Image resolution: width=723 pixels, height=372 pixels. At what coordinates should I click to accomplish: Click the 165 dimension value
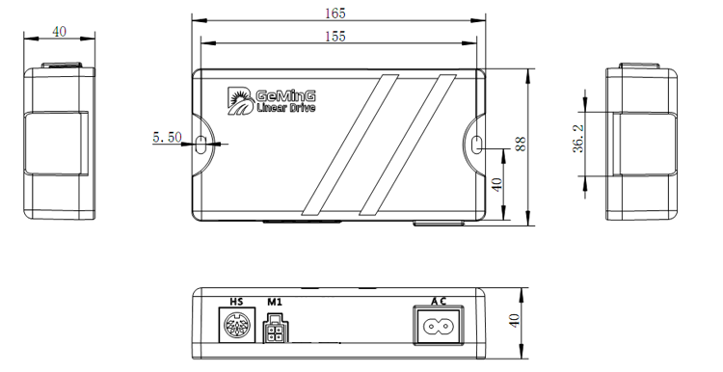tap(335, 13)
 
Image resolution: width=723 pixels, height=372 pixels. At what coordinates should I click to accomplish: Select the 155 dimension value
tap(335, 37)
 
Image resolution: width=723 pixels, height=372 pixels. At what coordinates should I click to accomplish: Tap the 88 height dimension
tap(521, 145)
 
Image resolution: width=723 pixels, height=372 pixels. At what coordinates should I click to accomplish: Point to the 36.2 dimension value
tap(578, 138)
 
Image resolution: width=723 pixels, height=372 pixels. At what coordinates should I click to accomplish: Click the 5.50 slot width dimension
tap(167, 137)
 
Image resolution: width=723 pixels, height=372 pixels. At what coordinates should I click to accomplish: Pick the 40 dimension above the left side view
tap(59, 32)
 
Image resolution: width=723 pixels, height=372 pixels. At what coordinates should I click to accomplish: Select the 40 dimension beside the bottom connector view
tap(514, 320)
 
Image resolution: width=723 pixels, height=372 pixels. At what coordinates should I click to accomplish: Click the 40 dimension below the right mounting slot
tap(496, 184)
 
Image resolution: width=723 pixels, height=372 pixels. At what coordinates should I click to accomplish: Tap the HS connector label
tap(236, 302)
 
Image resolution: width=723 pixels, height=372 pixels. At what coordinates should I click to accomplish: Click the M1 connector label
tap(275, 302)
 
